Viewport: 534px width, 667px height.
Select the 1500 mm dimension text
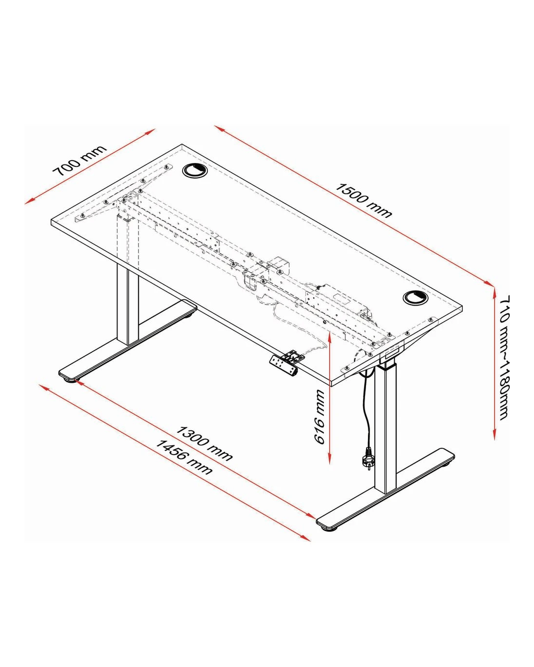click(364, 200)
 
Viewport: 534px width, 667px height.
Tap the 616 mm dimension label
click(319, 417)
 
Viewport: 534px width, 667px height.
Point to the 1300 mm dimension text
click(204, 443)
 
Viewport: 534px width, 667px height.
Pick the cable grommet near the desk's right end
click(416, 297)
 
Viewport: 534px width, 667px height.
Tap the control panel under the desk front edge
click(284, 366)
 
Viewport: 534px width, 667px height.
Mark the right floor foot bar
click(385, 492)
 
